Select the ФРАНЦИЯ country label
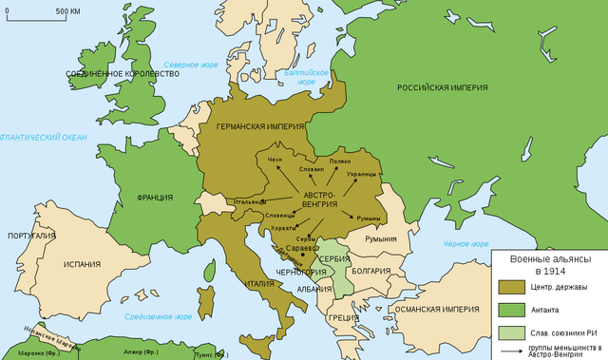pos(154,198)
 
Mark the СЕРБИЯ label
pos(334,258)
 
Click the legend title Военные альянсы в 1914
pos(550,264)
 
